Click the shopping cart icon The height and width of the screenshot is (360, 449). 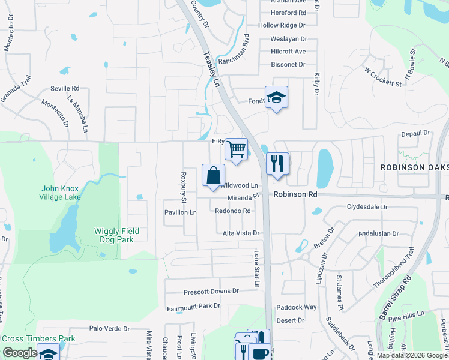click(x=237, y=148)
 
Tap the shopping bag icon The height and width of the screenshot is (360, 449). click(x=213, y=176)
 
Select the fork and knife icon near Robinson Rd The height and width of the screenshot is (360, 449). click(x=277, y=163)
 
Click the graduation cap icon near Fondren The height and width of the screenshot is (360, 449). click(x=276, y=97)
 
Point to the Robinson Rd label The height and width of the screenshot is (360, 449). click(x=295, y=194)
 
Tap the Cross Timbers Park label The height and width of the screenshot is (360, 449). click(x=38, y=338)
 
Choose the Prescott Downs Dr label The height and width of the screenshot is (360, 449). click(x=211, y=291)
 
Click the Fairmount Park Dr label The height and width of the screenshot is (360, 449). click(x=193, y=306)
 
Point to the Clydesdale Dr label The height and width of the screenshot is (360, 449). click(x=367, y=207)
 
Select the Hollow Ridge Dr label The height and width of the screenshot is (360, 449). click(x=282, y=25)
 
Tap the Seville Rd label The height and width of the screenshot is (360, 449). click(x=65, y=88)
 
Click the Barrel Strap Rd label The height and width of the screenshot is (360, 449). click(x=394, y=296)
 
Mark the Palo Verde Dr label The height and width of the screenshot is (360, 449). click(x=109, y=329)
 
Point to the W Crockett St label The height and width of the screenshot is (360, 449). click(x=382, y=76)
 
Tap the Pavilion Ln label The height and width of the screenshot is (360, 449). click(x=181, y=212)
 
